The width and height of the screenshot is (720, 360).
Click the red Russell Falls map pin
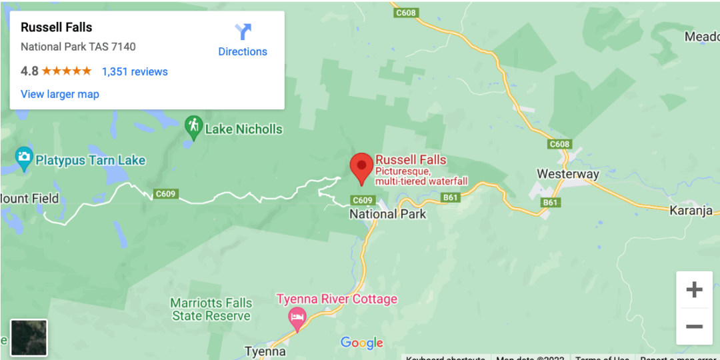(361, 166)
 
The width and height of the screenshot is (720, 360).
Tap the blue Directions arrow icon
(243, 32)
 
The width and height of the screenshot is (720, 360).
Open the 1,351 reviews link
(135, 72)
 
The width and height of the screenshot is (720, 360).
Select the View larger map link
(60, 94)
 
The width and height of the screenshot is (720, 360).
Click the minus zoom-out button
(694, 327)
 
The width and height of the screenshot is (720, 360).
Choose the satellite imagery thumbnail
(29, 337)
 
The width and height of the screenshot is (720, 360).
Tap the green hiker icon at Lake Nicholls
(193, 127)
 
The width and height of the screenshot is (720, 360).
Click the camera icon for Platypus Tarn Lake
(24, 159)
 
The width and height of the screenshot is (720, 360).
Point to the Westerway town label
(568, 174)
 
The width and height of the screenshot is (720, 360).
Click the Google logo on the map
(362, 343)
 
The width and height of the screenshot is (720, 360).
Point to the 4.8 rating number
(29, 71)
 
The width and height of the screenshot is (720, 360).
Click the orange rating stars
(67, 71)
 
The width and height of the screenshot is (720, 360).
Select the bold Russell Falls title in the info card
(57, 27)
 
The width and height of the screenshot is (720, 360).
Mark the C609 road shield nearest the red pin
(362, 200)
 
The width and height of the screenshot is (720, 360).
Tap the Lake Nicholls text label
(243, 129)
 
